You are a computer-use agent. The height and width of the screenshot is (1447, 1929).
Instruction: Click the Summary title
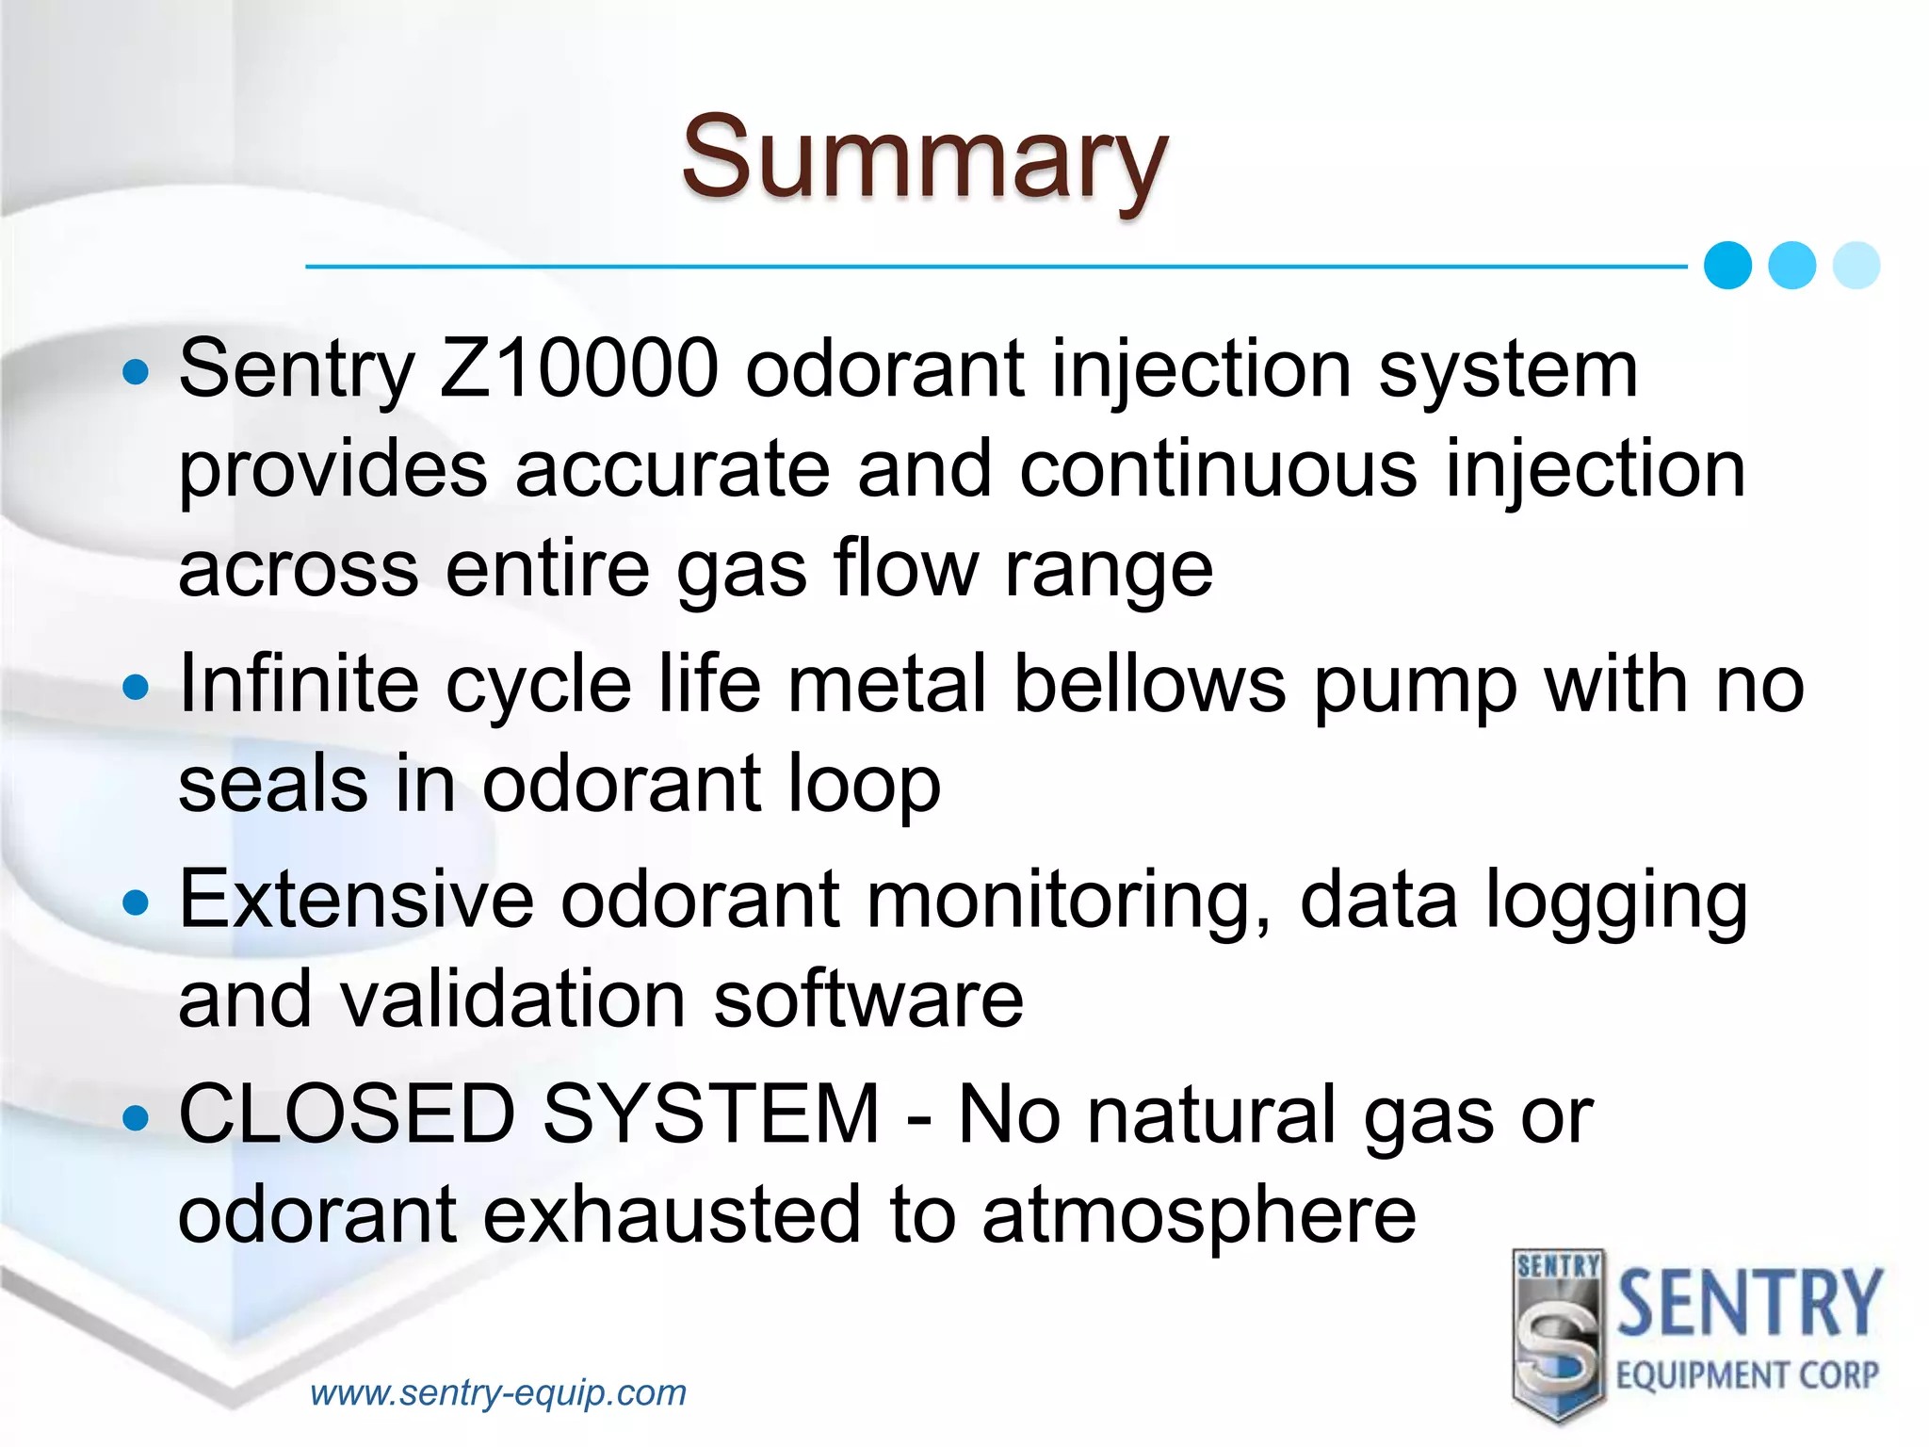click(925, 157)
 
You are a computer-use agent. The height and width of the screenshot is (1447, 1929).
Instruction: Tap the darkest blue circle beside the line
click(1727, 265)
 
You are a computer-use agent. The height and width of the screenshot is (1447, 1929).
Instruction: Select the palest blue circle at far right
click(1856, 265)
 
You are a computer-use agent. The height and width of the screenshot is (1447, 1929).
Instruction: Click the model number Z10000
click(579, 368)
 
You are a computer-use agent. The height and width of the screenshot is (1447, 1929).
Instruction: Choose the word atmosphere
click(1198, 1215)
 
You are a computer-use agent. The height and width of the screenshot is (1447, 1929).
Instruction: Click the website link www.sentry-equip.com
click(498, 1392)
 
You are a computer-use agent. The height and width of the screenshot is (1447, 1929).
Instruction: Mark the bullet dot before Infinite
click(137, 687)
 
